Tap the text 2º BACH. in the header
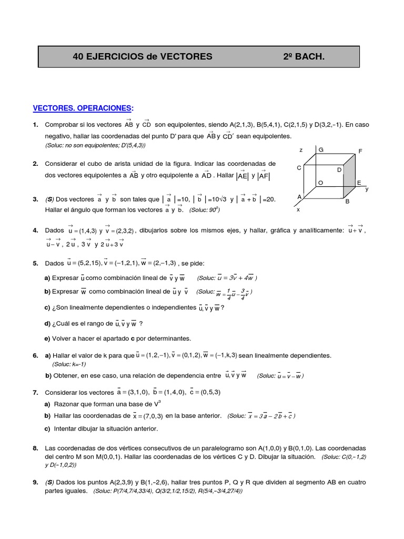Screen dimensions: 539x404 [x=304, y=56]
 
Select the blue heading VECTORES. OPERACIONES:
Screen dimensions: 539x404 [x=83, y=108]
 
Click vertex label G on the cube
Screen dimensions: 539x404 [x=321, y=149]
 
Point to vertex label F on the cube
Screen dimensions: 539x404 [x=360, y=151]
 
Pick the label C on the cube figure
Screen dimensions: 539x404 [x=299, y=167]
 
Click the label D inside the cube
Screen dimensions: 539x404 [x=339, y=170]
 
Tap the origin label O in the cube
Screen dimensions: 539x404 [x=320, y=182]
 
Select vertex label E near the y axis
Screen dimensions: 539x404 [x=359, y=183]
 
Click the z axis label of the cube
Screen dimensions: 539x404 [x=301, y=150]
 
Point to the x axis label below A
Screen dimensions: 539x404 [x=298, y=209]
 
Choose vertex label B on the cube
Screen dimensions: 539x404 [x=347, y=201]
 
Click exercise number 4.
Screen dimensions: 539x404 [x=35, y=231]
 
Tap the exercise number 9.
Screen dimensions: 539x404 [x=35, y=482]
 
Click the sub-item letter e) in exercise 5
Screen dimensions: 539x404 [x=47, y=338]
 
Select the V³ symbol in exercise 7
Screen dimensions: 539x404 [x=157, y=404]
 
